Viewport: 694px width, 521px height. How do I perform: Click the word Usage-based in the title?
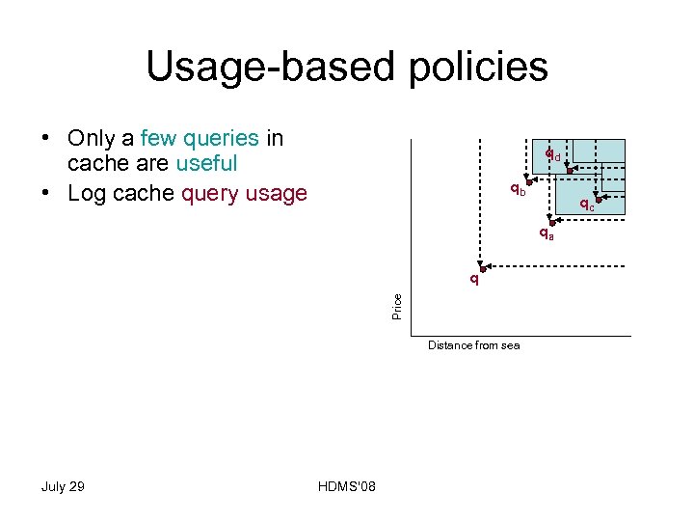click(263, 67)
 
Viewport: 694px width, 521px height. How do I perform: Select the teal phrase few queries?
click(199, 139)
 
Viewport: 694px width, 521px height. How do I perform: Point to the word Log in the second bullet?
click(87, 194)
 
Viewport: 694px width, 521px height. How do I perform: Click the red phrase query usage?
click(244, 194)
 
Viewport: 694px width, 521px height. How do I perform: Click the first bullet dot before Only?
click(46, 139)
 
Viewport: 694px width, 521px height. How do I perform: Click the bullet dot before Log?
click(46, 194)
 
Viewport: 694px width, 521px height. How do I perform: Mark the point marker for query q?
click(483, 269)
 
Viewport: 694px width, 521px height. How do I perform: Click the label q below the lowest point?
click(473, 281)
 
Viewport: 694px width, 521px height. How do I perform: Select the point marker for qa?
click(552, 223)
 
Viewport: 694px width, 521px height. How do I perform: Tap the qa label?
click(546, 233)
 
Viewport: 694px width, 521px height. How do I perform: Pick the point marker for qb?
click(529, 183)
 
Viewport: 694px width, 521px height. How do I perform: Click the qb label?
click(518, 189)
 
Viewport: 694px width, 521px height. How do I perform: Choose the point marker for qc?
click(598, 200)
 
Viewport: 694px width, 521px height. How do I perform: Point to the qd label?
click(552, 154)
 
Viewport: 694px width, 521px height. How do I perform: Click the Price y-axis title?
click(397, 307)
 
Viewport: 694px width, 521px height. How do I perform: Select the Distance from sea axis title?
click(473, 345)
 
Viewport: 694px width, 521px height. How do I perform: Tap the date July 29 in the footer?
click(63, 486)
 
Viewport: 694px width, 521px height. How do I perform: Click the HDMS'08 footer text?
click(346, 486)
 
